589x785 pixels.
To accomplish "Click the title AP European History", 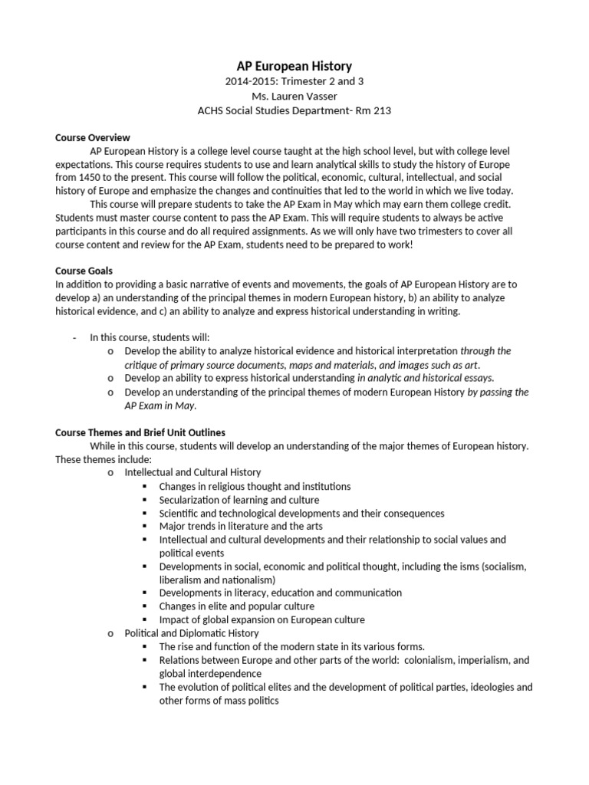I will click(294, 67).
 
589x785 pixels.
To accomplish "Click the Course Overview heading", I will click(92, 138).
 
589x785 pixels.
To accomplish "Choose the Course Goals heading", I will click(84, 271).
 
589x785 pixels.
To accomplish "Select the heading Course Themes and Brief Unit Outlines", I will click(140, 432).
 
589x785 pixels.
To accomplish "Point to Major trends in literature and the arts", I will click(241, 526).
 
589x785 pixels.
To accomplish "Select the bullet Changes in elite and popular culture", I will click(237, 606).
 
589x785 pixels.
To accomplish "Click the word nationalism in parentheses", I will click(245, 580).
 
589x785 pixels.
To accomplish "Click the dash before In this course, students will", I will click(74, 337).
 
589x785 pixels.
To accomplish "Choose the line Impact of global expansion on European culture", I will click(262, 619).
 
